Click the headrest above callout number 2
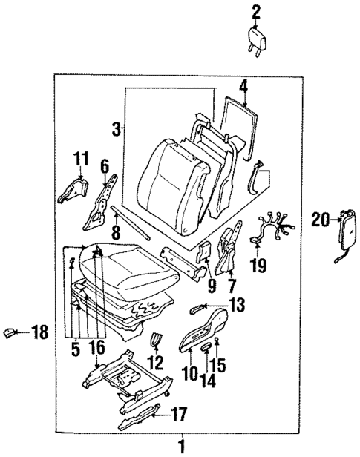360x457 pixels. click(x=257, y=37)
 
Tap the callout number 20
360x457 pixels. click(x=318, y=219)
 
